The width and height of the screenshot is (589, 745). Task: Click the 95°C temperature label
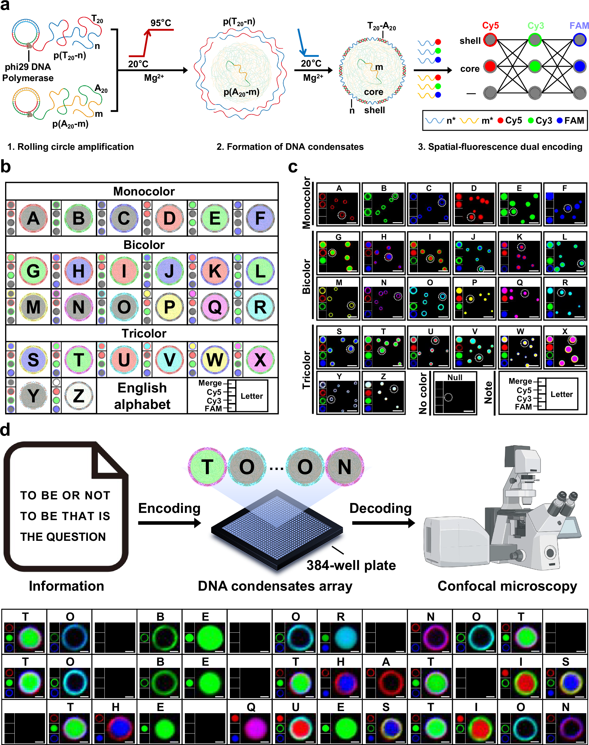pos(161,23)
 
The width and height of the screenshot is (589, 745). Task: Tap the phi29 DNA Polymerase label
pos(28,72)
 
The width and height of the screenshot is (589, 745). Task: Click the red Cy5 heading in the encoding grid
pos(490,26)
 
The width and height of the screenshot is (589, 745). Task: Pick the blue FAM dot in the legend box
pos(560,120)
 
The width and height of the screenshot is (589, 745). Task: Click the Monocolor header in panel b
pos(144,191)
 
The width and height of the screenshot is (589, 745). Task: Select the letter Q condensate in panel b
pos(215,307)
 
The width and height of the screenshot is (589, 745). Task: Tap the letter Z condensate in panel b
pos(79,395)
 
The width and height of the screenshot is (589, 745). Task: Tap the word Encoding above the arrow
pos(169,508)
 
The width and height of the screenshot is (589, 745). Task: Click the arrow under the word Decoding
pos(383,523)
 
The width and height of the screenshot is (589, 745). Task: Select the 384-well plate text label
pos(351,565)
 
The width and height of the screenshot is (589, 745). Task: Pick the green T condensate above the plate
pos(207,467)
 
